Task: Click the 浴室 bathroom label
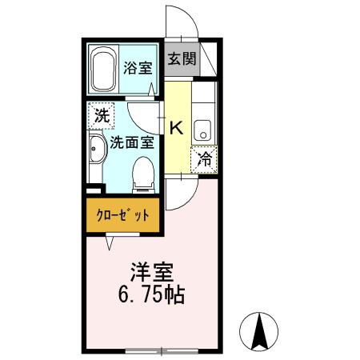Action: (x=138, y=68)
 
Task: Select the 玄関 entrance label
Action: (x=182, y=59)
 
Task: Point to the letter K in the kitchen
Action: (x=178, y=126)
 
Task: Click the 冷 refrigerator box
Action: (x=204, y=158)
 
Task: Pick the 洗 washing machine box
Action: (x=101, y=115)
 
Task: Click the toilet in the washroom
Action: (x=143, y=174)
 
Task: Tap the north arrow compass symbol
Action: (x=260, y=330)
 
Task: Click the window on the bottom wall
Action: (x=161, y=350)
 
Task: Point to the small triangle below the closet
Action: (x=110, y=238)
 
